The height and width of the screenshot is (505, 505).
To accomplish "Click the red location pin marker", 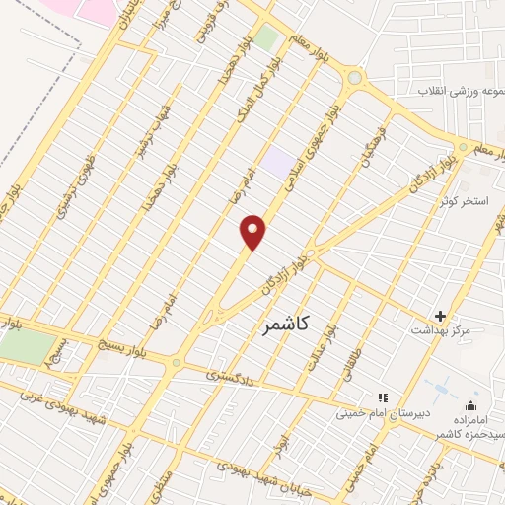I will (x=254, y=232).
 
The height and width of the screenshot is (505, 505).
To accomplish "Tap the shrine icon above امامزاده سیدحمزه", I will (x=470, y=404).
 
